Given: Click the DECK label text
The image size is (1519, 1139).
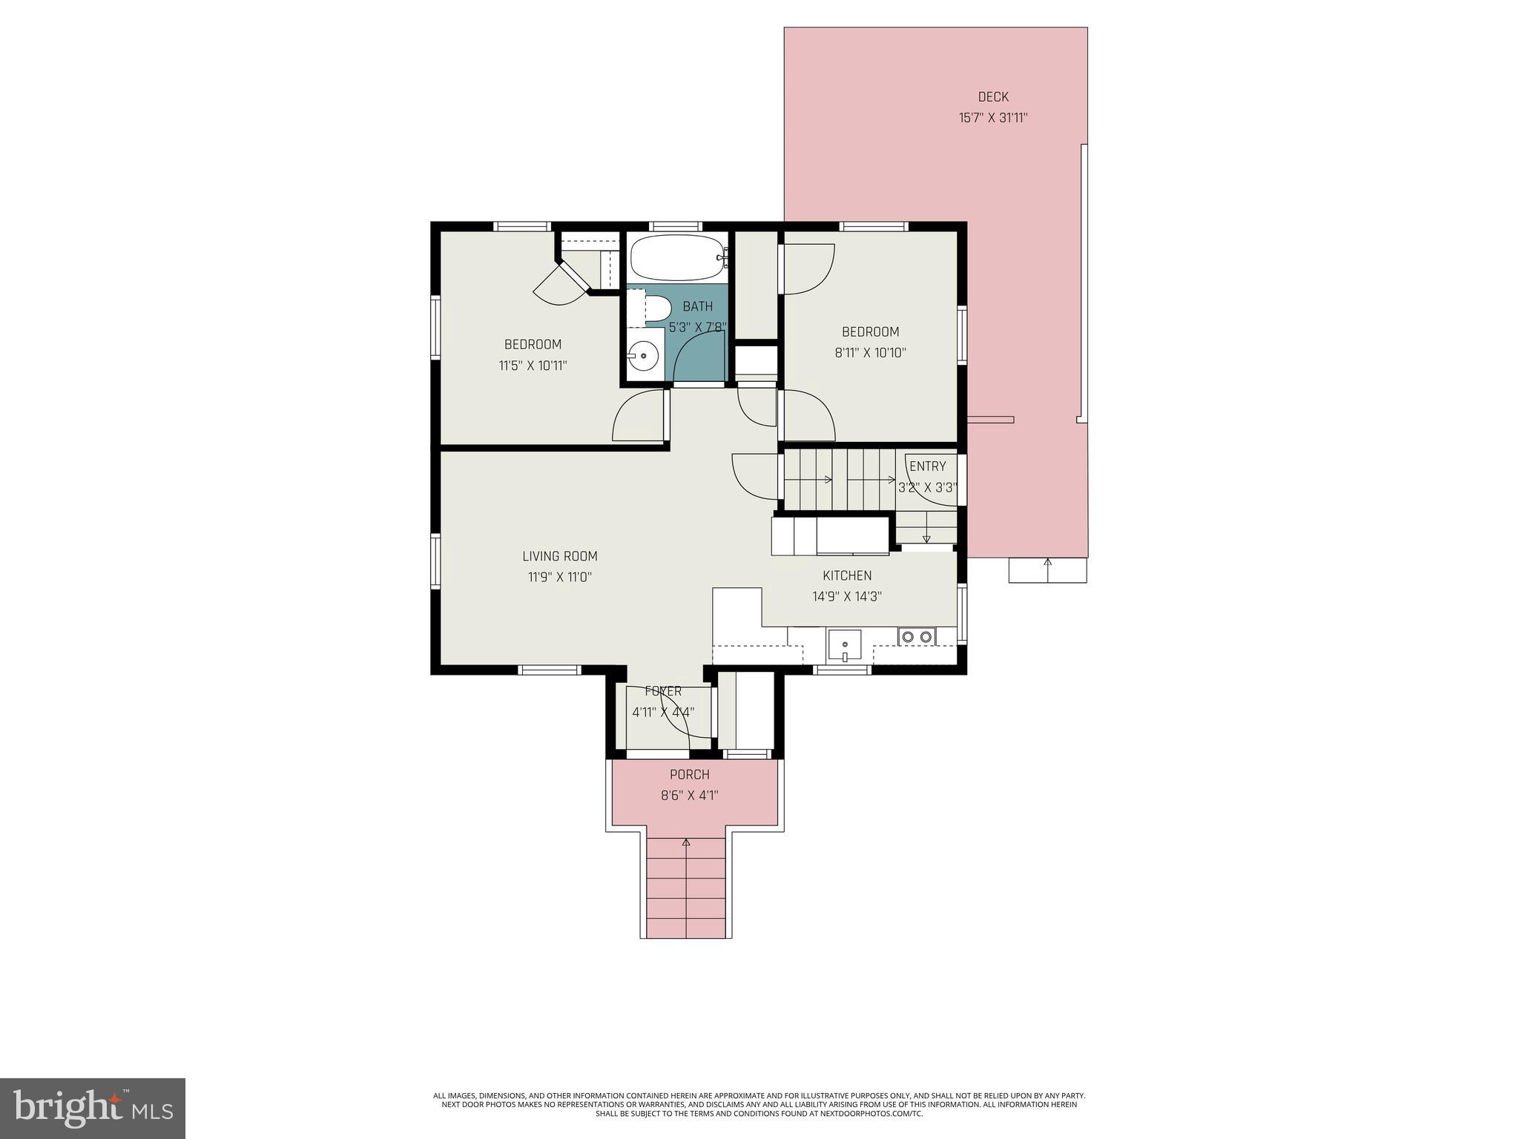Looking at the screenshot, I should [993, 96].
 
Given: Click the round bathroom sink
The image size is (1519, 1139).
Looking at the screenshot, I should [643, 357].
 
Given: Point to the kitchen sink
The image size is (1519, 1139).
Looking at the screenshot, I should [844, 645].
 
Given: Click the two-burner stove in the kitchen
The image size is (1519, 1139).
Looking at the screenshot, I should [916, 636].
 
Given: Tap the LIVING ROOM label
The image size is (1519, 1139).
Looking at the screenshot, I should [559, 556].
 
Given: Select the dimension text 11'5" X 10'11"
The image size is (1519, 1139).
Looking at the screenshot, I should [533, 366].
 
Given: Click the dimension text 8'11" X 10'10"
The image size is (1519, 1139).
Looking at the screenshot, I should [870, 353].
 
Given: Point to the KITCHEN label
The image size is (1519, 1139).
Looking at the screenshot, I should [847, 575].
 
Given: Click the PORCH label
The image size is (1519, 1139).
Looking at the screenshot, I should [689, 775].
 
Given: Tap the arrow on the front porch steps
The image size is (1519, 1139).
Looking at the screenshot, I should [686, 843].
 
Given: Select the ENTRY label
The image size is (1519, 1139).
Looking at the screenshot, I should [927, 466].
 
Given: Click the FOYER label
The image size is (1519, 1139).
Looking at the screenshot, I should [662, 691].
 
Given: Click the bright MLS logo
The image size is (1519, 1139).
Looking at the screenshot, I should [92, 1108].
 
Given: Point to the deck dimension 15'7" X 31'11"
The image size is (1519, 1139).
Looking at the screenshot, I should [992, 118].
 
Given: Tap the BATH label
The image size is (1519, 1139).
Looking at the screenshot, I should [697, 306].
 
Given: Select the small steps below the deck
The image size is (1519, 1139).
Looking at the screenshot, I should [1047, 570].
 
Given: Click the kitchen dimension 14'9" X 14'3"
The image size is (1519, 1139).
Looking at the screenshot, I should [846, 596].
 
